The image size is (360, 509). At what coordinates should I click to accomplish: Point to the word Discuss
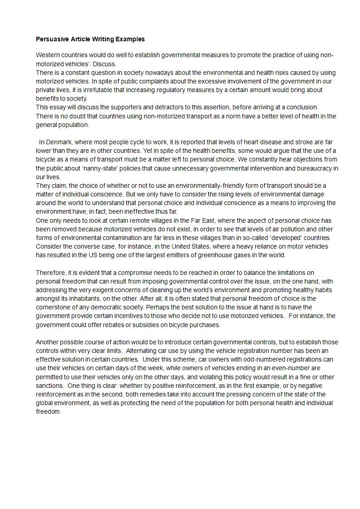coord(108,64)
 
